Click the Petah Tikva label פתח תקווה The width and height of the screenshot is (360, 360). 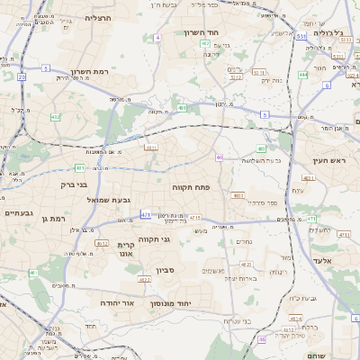coord(191,187)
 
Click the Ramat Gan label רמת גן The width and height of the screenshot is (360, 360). coord(56,218)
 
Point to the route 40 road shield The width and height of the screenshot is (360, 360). coord(219,157)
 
